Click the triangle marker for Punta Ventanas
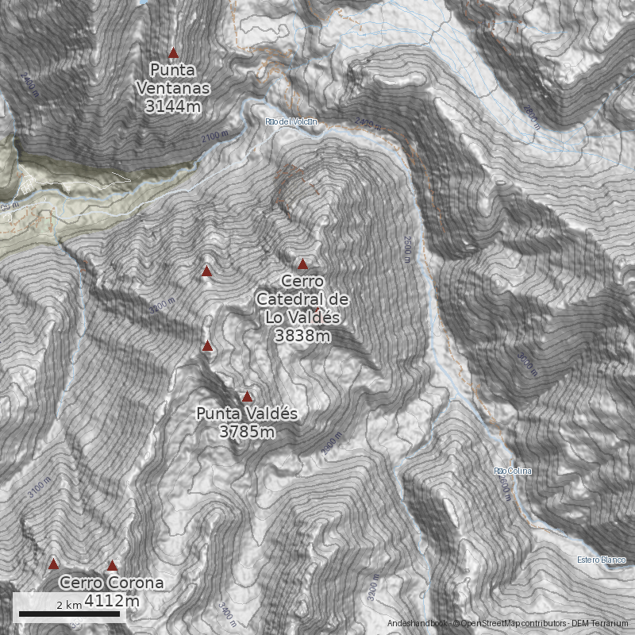(174, 53)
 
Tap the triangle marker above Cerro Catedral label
(302, 264)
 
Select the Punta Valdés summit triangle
(247, 396)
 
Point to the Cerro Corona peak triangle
(112, 566)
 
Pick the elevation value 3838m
(302, 336)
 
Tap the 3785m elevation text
(247, 432)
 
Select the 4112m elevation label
(112, 601)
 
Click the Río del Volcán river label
(291, 121)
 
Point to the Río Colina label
(513, 471)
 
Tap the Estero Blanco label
(601, 560)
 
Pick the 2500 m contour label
(407, 248)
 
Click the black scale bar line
(69, 614)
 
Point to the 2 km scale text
(69, 605)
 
